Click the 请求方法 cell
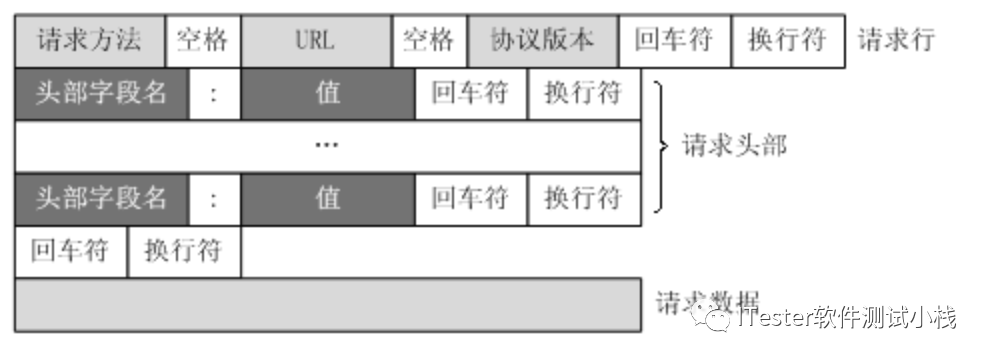[x=89, y=41]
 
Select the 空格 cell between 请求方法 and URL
[x=202, y=41]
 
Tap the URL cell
[x=315, y=41]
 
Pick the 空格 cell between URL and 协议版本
[x=429, y=41]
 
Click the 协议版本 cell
[x=542, y=41]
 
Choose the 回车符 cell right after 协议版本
[x=674, y=41]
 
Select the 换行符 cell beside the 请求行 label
[x=787, y=41]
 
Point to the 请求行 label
[x=896, y=41]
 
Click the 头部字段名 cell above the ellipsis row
[x=101, y=94]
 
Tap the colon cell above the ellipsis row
[x=214, y=94]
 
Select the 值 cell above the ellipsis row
[x=327, y=94]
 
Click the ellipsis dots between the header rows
[x=327, y=146]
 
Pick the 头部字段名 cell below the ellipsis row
[x=101, y=198]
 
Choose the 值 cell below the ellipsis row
[x=327, y=198]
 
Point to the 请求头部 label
[x=734, y=146]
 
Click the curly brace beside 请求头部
[x=659, y=146]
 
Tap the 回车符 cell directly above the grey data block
[x=70, y=250]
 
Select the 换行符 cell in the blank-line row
[x=184, y=250]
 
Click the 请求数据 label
[x=707, y=301]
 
